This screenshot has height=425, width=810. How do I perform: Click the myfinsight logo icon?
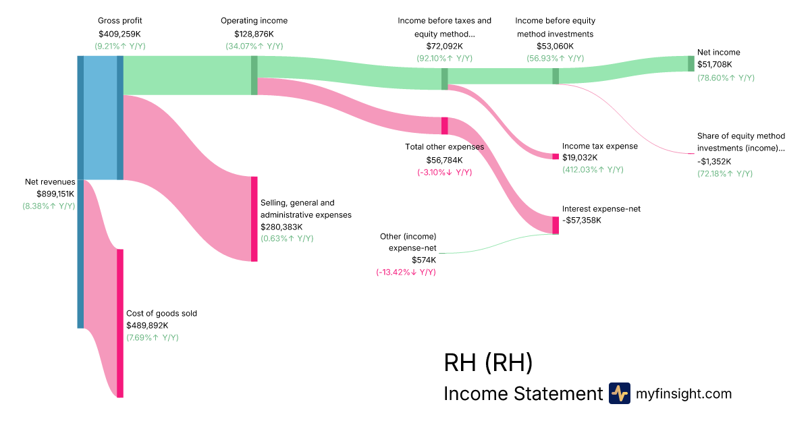619,393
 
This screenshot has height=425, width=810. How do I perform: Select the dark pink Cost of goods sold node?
120,323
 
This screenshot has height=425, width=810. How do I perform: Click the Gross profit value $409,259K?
120,33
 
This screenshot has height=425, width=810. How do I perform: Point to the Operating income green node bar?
254,75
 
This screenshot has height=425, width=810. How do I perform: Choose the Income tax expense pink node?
556,157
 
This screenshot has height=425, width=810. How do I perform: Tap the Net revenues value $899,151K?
49,194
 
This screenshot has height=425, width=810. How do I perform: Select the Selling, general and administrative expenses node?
254,219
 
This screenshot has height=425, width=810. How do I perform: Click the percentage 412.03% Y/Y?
592,169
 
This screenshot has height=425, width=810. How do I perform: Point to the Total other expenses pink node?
445,125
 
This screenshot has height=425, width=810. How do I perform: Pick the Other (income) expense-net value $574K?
424,260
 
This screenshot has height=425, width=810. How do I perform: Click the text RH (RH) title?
488,363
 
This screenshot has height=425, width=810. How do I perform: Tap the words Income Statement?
522,394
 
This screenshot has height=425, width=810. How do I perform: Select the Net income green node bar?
691,63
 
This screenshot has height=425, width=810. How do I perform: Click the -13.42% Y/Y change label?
406,272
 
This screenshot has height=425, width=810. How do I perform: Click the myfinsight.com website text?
684,394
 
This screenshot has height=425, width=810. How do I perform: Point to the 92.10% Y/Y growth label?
444,59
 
